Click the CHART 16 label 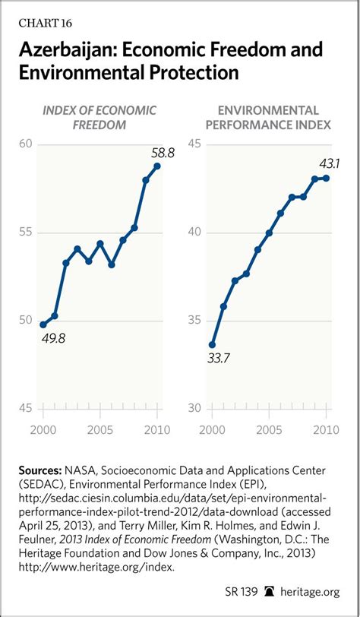coord(46,24)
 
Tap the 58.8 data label coord(163,152)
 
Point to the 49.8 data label coord(52,337)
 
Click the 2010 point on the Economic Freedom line coord(157,166)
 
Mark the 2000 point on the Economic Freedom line coord(43,324)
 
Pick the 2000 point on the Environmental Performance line coord(212,345)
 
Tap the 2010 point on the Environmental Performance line coord(326,179)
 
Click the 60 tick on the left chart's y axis coord(25,144)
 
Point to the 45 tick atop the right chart coord(194,144)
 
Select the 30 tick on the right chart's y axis coord(194,409)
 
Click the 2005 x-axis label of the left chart coord(100,429)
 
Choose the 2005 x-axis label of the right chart coord(269,429)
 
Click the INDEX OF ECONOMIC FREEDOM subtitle coord(99,117)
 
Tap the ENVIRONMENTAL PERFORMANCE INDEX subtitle coord(268,117)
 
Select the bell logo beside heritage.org coord(270,591)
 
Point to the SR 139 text coord(242,591)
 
